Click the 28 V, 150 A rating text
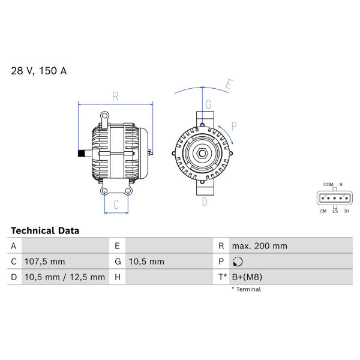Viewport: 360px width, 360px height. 39,71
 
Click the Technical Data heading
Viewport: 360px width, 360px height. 45,230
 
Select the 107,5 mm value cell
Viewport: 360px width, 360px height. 45,262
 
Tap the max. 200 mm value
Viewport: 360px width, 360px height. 259,246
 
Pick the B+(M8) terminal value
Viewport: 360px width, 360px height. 247,277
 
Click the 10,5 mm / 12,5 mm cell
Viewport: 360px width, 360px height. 65,277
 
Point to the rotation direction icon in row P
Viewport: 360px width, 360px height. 238,262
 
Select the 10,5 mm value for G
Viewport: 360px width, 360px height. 146,262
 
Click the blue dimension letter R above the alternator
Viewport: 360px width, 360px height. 115,97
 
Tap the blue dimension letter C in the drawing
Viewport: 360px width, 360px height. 116,205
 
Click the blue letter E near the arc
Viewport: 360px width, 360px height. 229,84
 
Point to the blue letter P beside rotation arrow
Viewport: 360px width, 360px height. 234,126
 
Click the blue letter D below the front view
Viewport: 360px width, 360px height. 205,202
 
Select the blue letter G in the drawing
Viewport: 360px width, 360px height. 208,104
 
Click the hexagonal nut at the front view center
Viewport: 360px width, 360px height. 202,154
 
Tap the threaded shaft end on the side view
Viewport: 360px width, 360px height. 82,154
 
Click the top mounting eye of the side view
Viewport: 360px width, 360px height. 104,115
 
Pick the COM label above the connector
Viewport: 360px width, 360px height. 328,184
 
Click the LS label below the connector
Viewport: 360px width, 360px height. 335,211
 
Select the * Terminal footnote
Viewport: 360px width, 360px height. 247,289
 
